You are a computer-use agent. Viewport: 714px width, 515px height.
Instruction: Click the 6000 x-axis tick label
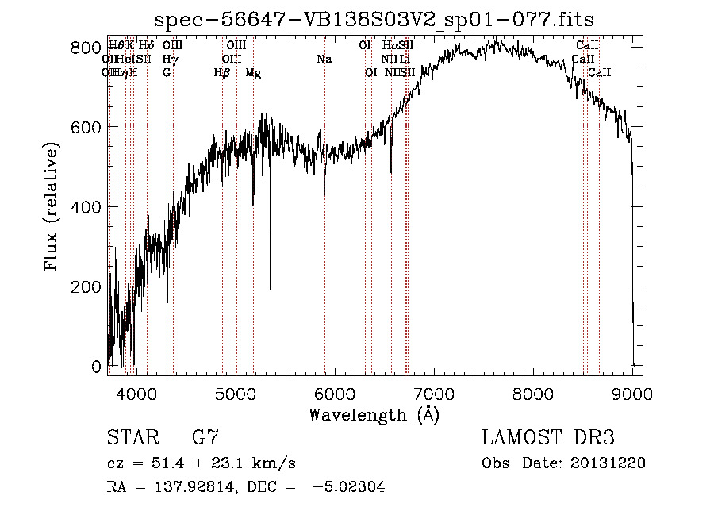(x=334, y=393)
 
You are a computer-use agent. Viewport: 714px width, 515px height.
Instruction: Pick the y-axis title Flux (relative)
(x=53, y=208)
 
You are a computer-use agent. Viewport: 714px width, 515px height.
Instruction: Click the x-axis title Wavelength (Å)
(x=374, y=414)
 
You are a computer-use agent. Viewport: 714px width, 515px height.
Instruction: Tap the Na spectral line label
(x=324, y=60)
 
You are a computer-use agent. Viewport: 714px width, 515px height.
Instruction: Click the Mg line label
(x=253, y=73)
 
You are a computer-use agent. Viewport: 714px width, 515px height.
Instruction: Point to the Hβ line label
(x=222, y=73)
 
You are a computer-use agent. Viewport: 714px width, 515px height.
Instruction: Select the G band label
(x=167, y=73)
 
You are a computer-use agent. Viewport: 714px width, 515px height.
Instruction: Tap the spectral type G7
(x=205, y=437)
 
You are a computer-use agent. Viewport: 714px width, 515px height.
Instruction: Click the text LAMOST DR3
(x=548, y=437)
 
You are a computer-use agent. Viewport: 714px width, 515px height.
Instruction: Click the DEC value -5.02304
(x=349, y=488)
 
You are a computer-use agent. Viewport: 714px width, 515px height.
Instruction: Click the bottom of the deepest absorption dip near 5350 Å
(x=270, y=290)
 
